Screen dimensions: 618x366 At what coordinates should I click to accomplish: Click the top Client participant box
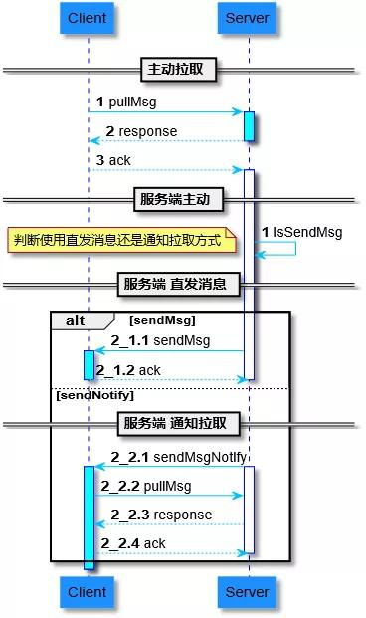tap(88, 19)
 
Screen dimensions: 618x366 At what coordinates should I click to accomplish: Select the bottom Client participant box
tap(88, 592)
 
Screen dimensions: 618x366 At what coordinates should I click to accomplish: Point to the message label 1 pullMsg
tap(126, 103)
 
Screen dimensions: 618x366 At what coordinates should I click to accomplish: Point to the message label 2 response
tap(141, 131)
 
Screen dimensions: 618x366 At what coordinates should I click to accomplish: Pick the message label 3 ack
tap(113, 160)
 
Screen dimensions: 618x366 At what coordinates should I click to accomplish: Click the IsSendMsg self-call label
tap(302, 232)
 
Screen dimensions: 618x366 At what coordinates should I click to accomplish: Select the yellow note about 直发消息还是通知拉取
tap(121, 240)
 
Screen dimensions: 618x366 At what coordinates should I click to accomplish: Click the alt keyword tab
tap(76, 320)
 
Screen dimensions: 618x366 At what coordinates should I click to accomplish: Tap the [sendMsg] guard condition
tap(162, 320)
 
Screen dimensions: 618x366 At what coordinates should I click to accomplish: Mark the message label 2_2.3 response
tap(161, 515)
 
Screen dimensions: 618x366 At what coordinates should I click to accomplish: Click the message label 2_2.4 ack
tap(133, 543)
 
